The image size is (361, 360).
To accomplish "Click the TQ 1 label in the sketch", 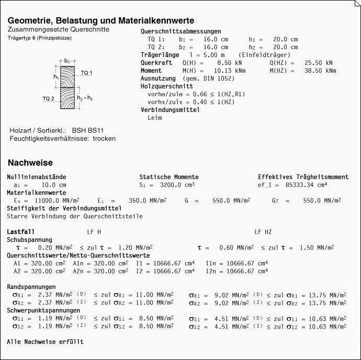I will pyautogui.click(x=86, y=72).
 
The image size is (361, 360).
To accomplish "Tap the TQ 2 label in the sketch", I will pyautogui.click(x=49, y=98).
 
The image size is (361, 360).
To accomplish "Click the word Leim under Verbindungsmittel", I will pyautogui.click(x=155, y=118).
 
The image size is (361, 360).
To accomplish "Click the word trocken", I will pyautogui.click(x=104, y=139).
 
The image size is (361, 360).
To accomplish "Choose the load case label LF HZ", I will pyautogui.click(x=263, y=232).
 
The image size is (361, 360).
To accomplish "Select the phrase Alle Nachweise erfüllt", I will pyautogui.click(x=45, y=342).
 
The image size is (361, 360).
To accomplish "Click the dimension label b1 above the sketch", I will pyautogui.click(x=67, y=61).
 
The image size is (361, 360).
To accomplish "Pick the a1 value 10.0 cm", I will pyautogui.click(x=54, y=185).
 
